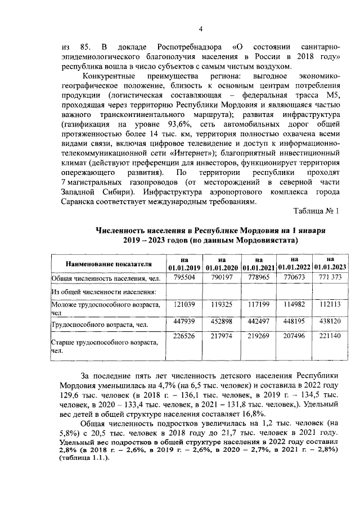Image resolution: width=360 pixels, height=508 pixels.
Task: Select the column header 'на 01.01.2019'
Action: coord(184,263)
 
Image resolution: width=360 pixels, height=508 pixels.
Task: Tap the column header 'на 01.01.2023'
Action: coord(330,263)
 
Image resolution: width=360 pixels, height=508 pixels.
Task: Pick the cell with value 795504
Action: coord(184,277)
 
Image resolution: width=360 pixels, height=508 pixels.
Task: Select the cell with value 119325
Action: coord(220,304)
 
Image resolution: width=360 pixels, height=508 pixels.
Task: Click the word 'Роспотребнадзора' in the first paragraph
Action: coord(182,46)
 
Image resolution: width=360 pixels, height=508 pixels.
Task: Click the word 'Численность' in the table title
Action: coord(122,231)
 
